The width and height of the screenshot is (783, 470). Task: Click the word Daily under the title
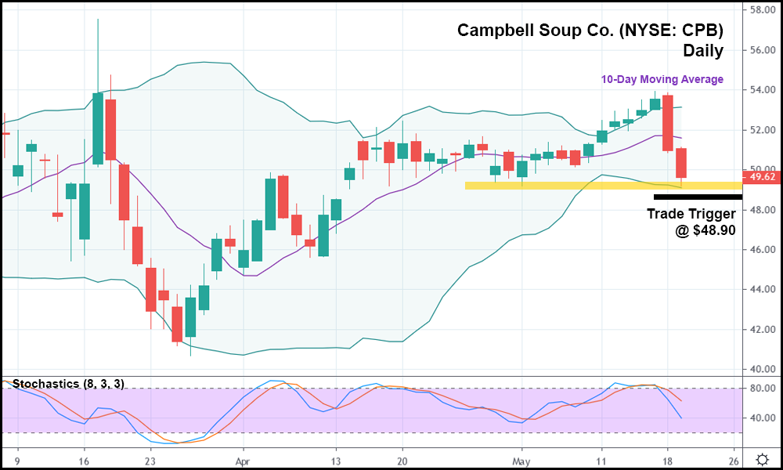click(702, 51)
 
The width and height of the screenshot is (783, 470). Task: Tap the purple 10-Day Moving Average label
click(662, 79)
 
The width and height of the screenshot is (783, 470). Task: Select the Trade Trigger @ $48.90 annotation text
click(691, 222)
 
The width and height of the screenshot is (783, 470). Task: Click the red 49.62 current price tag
click(762, 177)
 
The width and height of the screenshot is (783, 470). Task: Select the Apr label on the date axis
click(243, 460)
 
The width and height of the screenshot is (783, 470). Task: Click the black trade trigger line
click(697, 197)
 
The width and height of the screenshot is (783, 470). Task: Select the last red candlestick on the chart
click(681, 163)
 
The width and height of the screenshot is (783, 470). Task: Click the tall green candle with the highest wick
click(98, 128)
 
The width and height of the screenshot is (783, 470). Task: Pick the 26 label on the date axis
click(734, 460)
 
